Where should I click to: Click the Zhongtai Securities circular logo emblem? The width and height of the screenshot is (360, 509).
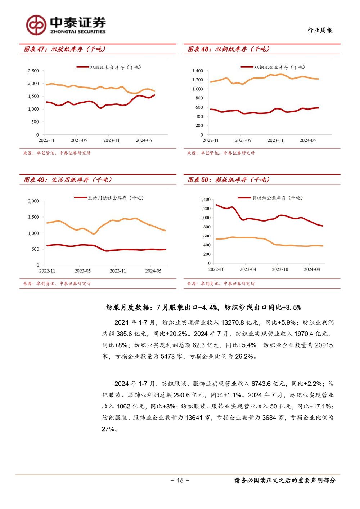tap(36, 25)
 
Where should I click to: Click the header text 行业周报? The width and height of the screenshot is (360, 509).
tap(320, 30)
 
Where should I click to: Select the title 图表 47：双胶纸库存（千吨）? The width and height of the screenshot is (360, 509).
tap(65, 49)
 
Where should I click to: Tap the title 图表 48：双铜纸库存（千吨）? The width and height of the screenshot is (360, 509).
tap(229, 49)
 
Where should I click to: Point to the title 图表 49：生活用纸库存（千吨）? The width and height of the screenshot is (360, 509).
tap(68, 180)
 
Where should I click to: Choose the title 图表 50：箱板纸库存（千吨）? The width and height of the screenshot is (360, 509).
tap(229, 180)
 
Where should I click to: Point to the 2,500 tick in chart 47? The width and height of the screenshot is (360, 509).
tap(33, 71)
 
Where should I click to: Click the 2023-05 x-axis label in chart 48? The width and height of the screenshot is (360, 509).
tap(243, 140)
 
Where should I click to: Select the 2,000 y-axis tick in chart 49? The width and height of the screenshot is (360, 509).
tap(33, 201)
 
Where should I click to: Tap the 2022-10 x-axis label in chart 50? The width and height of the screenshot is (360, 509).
tap(216, 269)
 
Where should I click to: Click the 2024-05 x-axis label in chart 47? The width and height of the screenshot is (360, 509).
tap(144, 140)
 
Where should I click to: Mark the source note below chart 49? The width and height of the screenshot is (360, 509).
tap(57, 283)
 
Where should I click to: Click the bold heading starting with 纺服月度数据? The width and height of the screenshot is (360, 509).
tap(203, 308)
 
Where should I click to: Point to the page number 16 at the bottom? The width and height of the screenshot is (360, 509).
tap(180, 480)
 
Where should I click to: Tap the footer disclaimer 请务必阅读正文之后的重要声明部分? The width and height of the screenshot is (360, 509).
tap(285, 480)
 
